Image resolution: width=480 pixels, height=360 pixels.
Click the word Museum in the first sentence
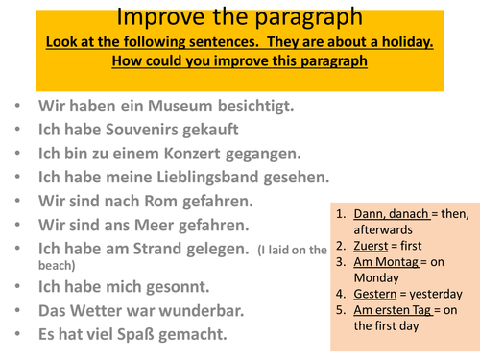pyautogui.click(x=152, y=104)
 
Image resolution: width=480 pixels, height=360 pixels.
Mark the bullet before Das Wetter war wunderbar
pyautogui.click(x=22, y=311)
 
